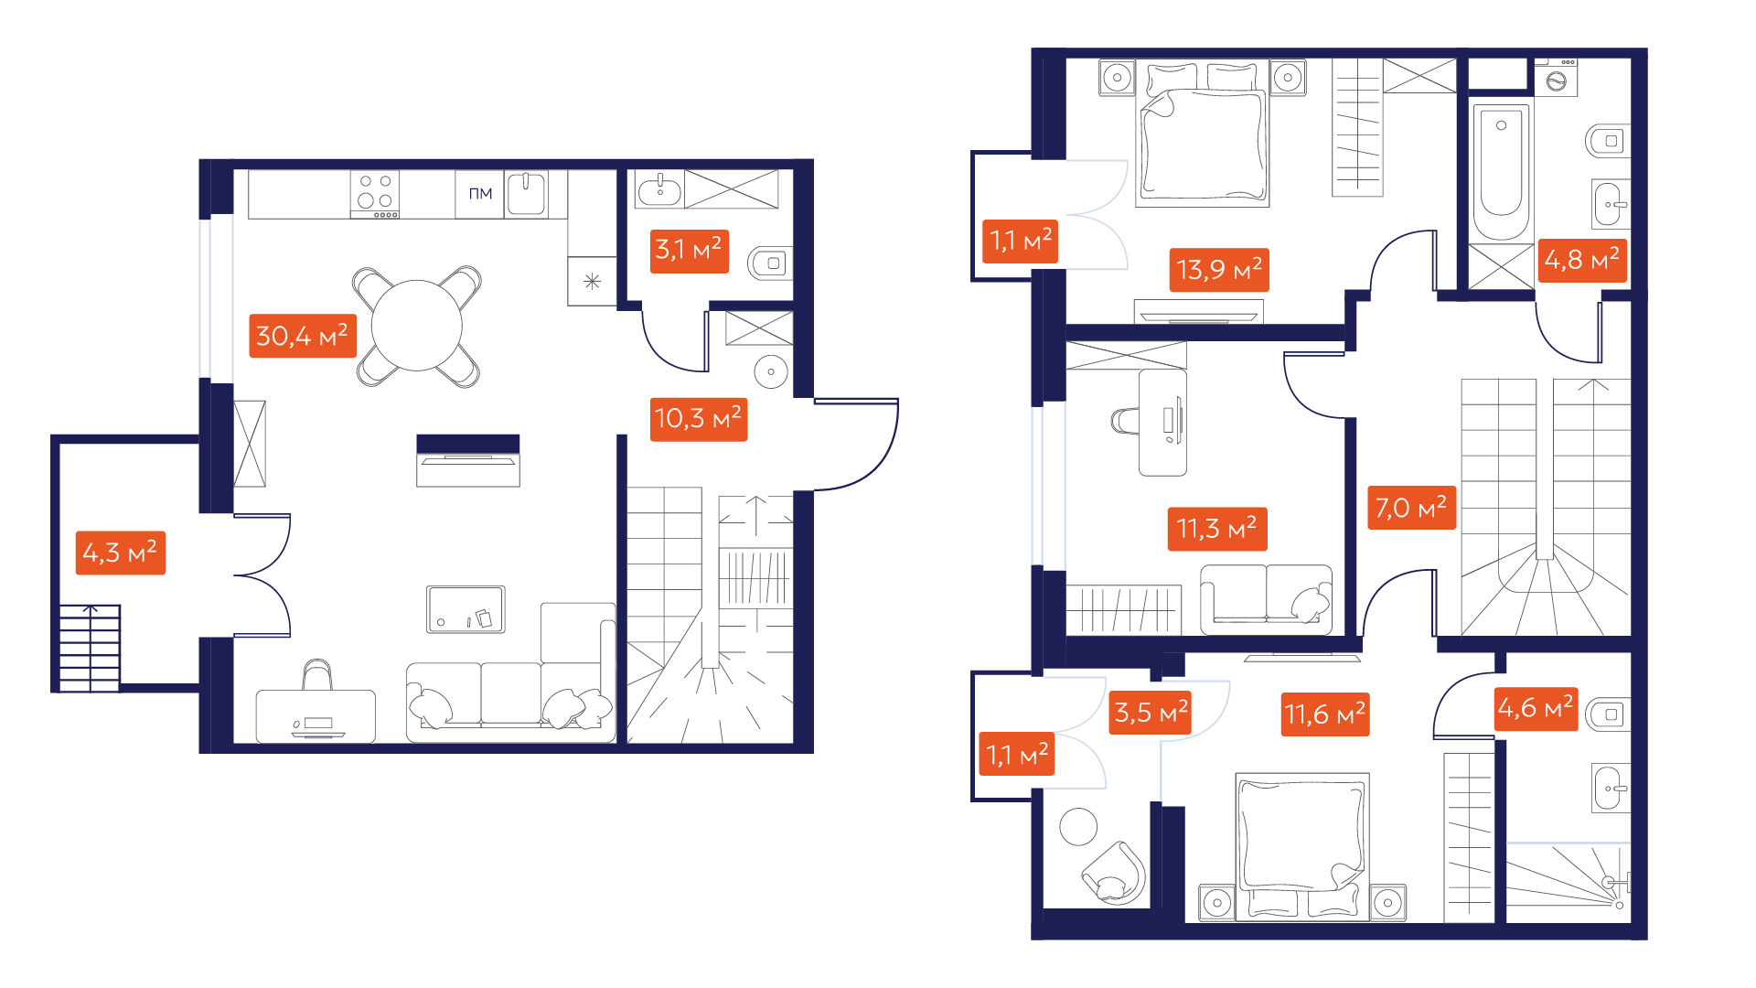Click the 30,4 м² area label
303,336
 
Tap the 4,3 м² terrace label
120,553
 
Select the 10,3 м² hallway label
699,419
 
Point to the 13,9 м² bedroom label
1219,270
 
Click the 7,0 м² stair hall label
1410,508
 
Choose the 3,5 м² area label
1151,712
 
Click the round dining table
417,326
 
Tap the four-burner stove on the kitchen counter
375,195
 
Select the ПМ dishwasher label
480,194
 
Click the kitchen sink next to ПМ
527,193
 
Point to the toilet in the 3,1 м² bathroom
770,263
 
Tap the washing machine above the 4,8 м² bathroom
1556,76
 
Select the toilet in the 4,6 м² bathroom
1608,714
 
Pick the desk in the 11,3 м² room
1162,423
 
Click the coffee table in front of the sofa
466,609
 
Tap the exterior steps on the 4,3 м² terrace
90,648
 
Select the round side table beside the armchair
1078,827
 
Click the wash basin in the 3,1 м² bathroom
659,191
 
